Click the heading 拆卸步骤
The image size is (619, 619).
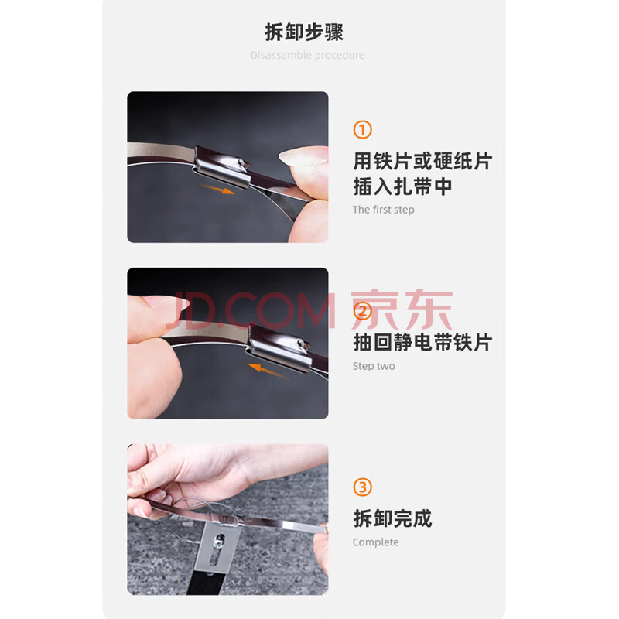pyautogui.click(x=304, y=32)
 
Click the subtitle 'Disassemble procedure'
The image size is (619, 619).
pyautogui.click(x=307, y=55)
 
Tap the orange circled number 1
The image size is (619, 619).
pyautogui.click(x=362, y=130)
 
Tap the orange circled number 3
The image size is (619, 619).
pyautogui.click(x=362, y=487)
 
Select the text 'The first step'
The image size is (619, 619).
pyautogui.click(x=383, y=210)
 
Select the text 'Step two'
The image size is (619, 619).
pyautogui.click(x=374, y=366)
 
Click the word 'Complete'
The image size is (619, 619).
pyautogui.click(x=375, y=542)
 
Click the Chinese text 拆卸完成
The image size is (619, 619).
pyautogui.click(x=393, y=518)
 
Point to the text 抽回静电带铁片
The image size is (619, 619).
pyautogui.click(x=422, y=342)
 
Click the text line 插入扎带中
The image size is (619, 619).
pyautogui.click(x=402, y=186)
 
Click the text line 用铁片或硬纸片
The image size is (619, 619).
pyautogui.click(x=422, y=161)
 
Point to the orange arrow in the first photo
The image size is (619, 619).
pyautogui.click(x=217, y=189)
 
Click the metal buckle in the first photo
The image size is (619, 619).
pyautogui.click(x=222, y=166)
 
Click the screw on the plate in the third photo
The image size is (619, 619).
pyautogui.click(x=218, y=541)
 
